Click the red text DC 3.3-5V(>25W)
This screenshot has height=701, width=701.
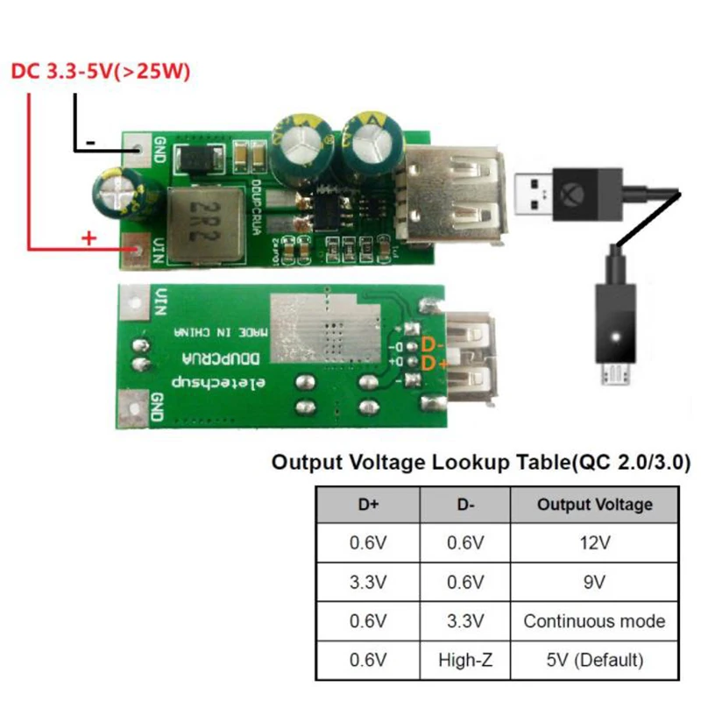100,71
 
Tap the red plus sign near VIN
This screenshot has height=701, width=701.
89,237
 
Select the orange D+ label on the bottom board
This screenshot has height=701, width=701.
435,363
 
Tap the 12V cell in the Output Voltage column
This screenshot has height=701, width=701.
593,543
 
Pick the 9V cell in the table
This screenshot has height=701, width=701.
593,582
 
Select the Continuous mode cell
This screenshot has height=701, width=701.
593,621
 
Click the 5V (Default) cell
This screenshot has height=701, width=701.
593,660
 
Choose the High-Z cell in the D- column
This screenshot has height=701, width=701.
464,660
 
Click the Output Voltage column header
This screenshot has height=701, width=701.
593,504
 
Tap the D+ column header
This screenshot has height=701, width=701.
367,504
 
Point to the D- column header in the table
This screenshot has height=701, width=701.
464,504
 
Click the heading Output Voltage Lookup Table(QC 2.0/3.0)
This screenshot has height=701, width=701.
480,462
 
